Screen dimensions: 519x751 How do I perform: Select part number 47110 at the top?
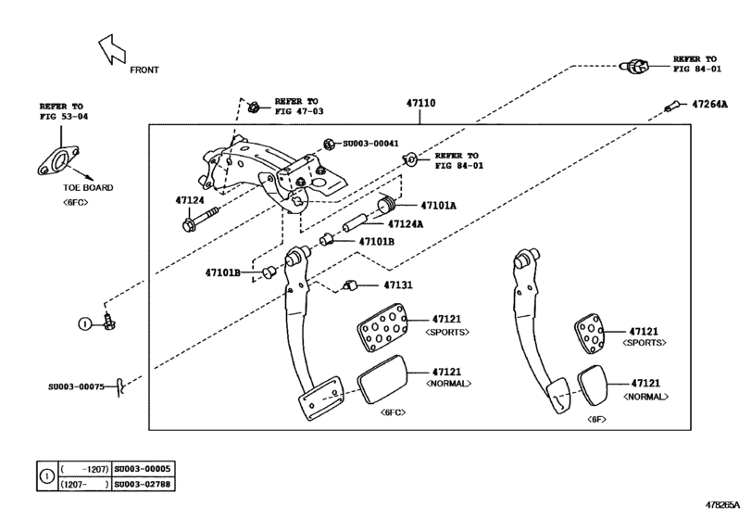coord(419,105)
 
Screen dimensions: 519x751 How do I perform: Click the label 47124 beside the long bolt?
coord(189,199)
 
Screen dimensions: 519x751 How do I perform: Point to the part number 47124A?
coord(403,223)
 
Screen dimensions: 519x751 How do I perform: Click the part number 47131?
coord(397,285)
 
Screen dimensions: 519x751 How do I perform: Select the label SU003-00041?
coord(370,144)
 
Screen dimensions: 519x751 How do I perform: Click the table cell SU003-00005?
coord(144,470)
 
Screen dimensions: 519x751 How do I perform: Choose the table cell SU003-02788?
coord(144,484)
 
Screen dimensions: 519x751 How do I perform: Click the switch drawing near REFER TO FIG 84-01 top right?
coord(634,65)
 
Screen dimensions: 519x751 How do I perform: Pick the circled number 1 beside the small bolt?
coord(84,323)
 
